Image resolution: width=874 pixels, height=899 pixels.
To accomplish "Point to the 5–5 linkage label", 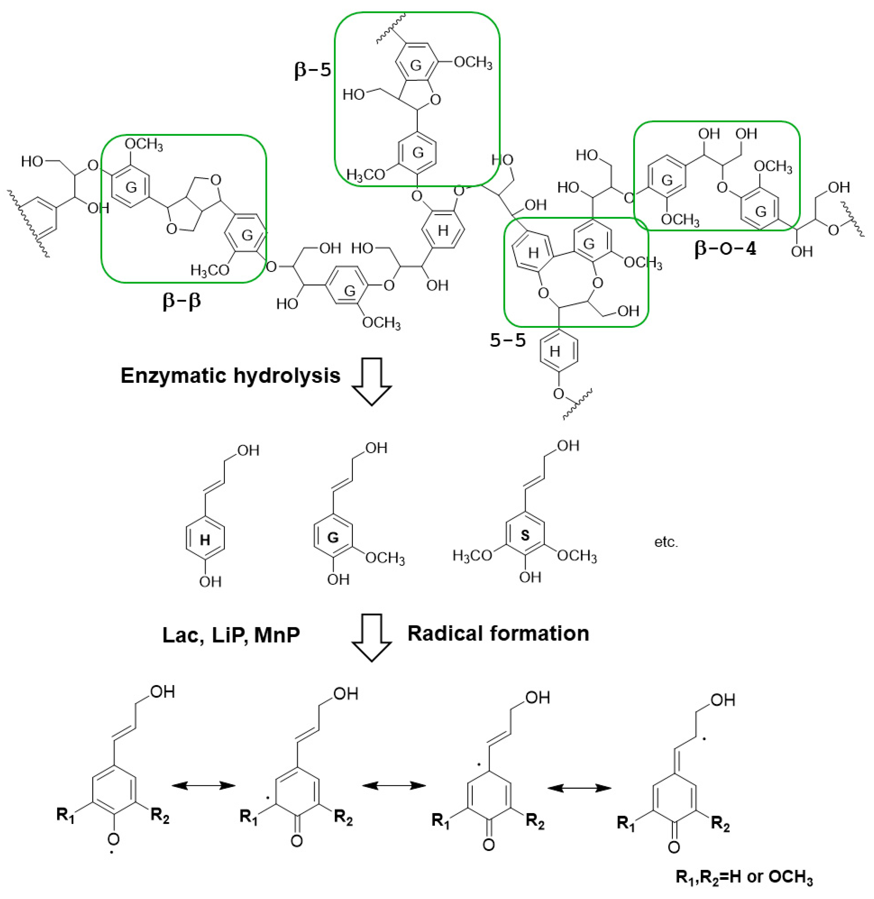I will tap(508, 340).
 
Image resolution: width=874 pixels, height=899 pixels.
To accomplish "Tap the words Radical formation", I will tap(498, 633).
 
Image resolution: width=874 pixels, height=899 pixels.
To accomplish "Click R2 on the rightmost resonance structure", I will tap(720, 824).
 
